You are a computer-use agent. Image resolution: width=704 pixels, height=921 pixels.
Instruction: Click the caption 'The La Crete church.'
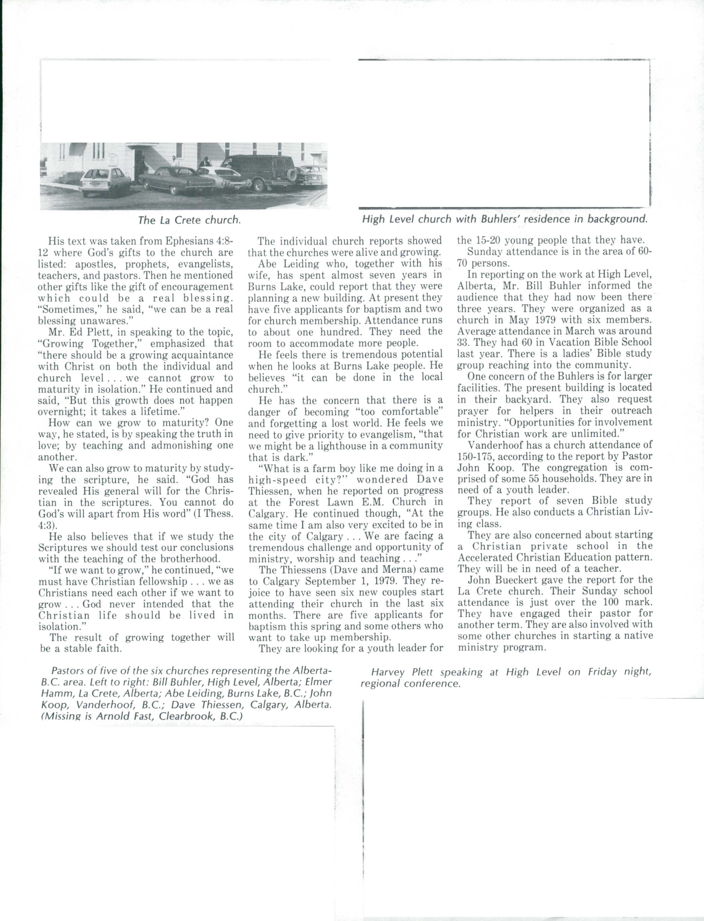pos(190,220)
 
